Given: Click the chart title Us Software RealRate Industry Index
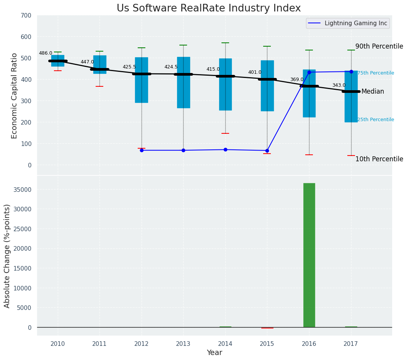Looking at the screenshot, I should pos(208,8).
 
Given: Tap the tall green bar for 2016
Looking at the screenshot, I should pos(309,255).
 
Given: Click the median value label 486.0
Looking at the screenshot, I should pos(46,54).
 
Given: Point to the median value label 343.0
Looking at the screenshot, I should pos(339,86).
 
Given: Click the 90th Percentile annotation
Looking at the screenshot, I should pos(379,47).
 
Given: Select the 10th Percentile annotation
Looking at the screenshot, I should pos(379,159).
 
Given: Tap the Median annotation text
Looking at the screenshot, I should pos(372,92).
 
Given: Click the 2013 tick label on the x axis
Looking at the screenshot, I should pos(183,344).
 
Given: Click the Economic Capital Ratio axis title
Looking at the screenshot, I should pos(15,96).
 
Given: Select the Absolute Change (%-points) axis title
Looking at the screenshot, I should pos(7,256).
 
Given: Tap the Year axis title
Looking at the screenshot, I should pos(214,353).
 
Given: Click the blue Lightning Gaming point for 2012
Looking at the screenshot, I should pos(142,150).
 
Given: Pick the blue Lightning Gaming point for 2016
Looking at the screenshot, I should pos(309,72).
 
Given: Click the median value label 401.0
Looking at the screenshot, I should pos(255,73).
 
